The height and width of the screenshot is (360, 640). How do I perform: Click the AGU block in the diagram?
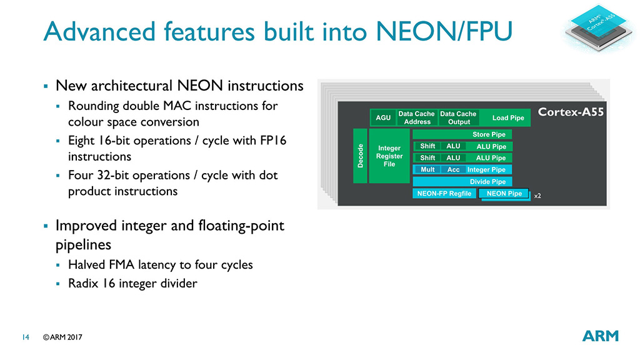click(382, 117)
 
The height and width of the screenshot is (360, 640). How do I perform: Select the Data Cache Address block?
click(416, 117)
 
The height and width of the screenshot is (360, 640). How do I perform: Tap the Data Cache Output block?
click(458, 117)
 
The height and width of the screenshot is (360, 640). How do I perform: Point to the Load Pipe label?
click(508, 117)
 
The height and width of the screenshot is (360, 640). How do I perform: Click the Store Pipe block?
click(489, 134)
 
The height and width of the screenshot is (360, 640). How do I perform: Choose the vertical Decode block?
click(359, 156)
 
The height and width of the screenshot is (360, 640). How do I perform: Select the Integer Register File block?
click(389, 156)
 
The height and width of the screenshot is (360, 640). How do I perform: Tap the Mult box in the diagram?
click(427, 169)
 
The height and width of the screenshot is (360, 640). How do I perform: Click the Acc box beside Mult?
click(453, 169)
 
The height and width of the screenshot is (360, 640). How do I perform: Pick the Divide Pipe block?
click(487, 182)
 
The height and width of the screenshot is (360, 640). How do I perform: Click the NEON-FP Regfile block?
click(444, 194)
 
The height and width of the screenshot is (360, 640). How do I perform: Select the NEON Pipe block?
click(504, 194)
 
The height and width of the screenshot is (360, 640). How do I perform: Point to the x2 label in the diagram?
click(537, 196)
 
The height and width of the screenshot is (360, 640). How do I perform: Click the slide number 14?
click(26, 337)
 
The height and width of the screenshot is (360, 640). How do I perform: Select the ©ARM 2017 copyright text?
click(62, 337)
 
